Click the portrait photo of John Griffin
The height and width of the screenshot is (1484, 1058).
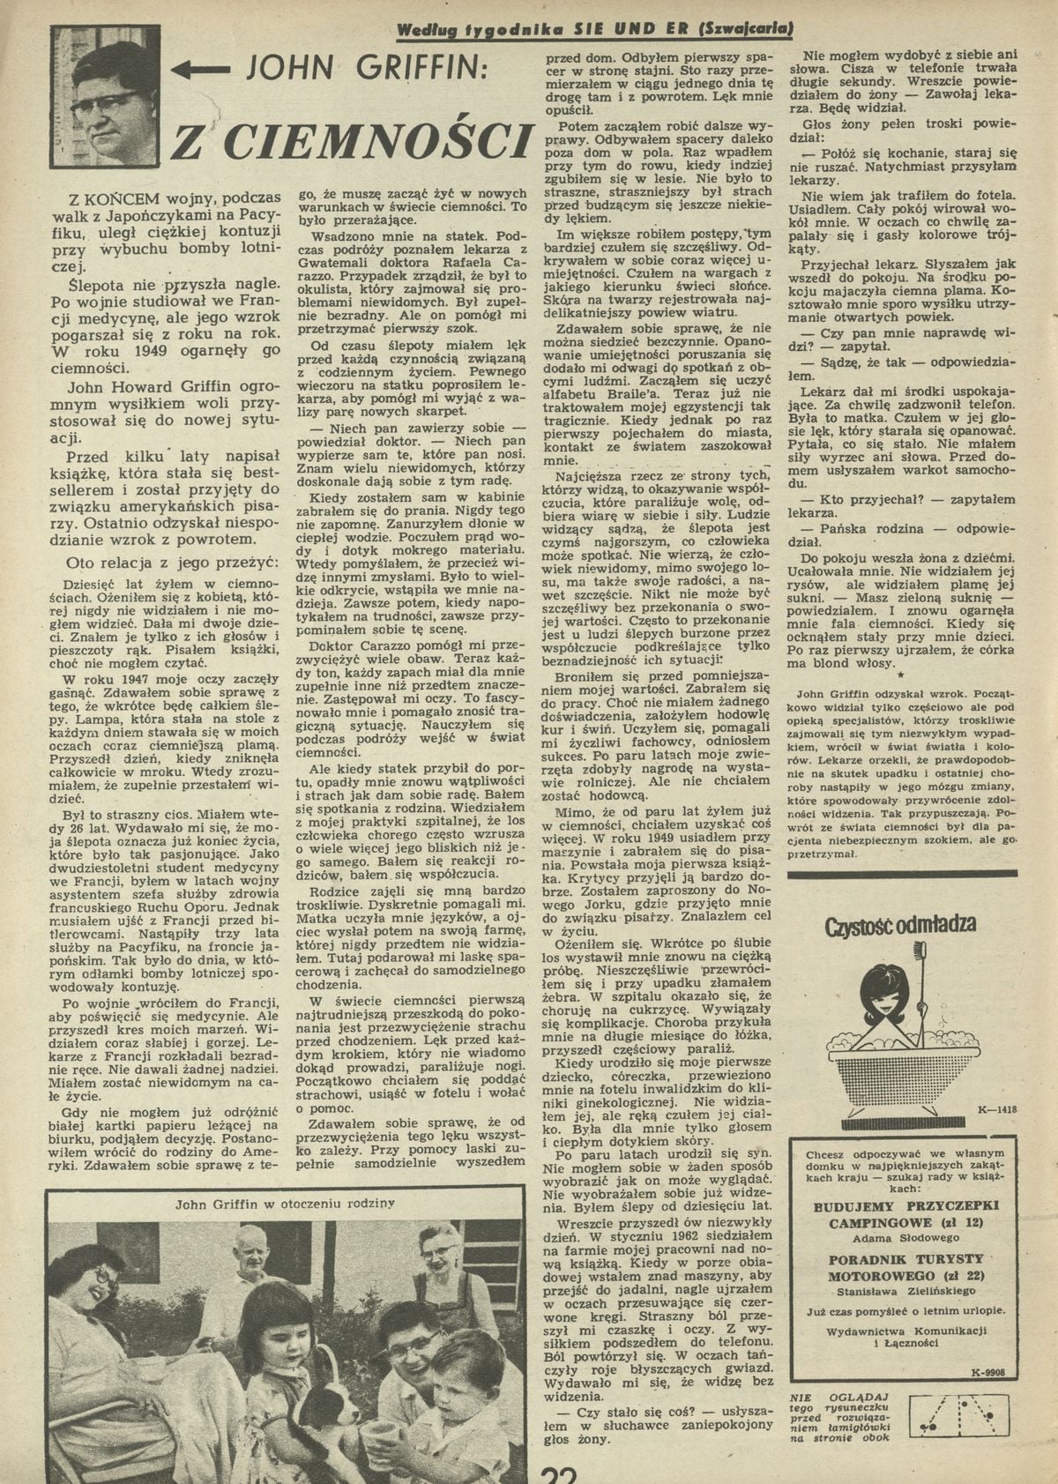[x=103, y=95]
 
